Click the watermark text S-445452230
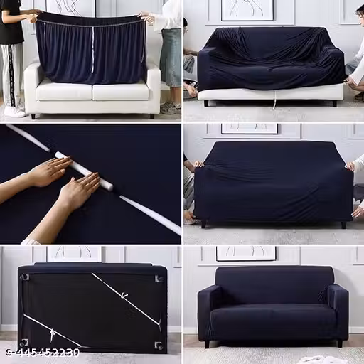43,353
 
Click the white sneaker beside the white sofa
14,112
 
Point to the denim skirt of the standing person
171,57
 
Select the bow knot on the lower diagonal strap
52,333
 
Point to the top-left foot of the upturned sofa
25,277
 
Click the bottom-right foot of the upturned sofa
159,346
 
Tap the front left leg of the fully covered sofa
208,343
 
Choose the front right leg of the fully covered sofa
340,343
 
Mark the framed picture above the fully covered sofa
246,254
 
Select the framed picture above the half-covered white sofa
247,10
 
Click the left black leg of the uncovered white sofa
33,117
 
